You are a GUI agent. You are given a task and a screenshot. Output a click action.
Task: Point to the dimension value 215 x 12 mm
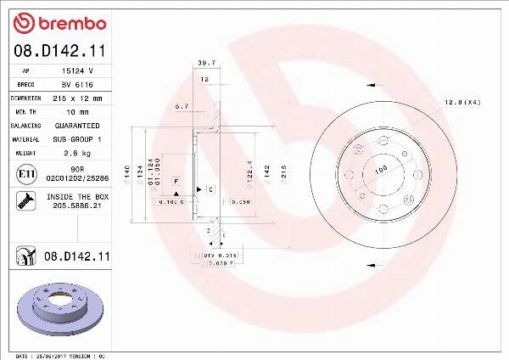coord(77,98)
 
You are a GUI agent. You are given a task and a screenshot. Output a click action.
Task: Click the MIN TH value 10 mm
coord(77,111)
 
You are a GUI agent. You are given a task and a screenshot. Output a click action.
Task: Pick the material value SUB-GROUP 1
coord(77,138)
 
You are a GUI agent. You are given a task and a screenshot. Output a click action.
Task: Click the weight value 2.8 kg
coord(77,152)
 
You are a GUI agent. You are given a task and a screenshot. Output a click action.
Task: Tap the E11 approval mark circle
coord(25,176)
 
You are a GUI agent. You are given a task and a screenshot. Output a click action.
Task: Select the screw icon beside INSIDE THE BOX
coord(25,200)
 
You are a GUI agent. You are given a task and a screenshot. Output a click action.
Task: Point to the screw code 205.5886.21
coord(77,205)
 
